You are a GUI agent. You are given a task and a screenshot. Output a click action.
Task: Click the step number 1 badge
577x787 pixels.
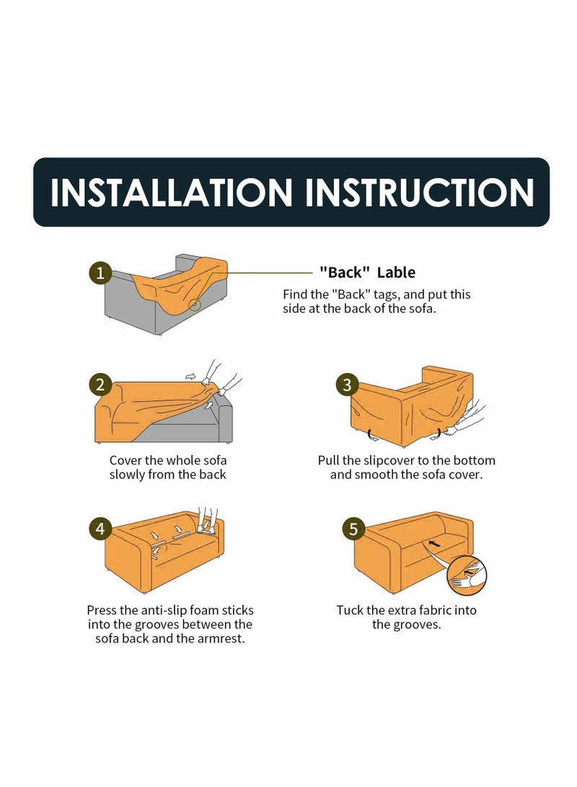(x=100, y=273)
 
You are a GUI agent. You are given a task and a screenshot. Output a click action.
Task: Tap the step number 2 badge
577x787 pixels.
(x=100, y=385)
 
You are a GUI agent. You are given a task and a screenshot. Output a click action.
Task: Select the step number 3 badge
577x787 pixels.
(x=347, y=385)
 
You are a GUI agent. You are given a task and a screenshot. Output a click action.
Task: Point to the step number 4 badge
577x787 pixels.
(x=100, y=529)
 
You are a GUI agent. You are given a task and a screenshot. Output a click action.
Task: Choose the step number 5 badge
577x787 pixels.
(x=353, y=529)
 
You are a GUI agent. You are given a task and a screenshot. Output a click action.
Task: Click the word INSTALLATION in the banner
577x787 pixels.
(x=171, y=192)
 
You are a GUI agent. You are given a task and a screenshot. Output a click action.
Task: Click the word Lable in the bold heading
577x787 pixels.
(x=397, y=273)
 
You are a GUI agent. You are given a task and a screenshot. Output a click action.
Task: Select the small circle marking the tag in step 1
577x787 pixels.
(x=195, y=304)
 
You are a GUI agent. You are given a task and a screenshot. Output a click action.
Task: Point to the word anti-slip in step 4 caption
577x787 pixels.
(x=165, y=610)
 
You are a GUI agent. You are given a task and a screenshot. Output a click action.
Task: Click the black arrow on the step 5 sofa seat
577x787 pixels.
(x=435, y=543)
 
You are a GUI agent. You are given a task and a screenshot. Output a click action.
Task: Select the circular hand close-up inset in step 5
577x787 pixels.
(x=467, y=575)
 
